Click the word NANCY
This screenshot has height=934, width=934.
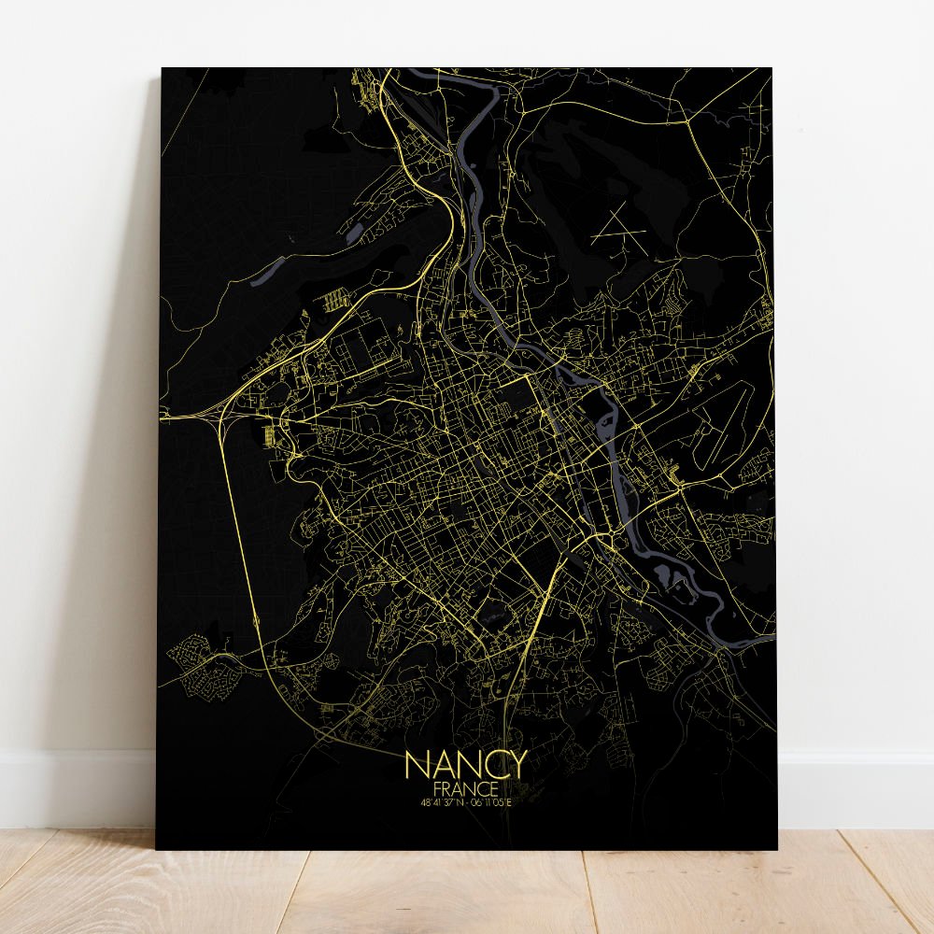pos(466,765)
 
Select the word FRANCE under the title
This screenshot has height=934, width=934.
pos(466,787)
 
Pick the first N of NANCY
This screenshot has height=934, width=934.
pos(417,765)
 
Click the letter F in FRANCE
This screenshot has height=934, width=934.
pos(438,787)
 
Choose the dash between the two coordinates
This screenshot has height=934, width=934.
pos(466,800)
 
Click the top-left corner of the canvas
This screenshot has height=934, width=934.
pos(162,68)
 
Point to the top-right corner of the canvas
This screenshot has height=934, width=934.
pos(772,68)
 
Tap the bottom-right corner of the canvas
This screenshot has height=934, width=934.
pos(777,849)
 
